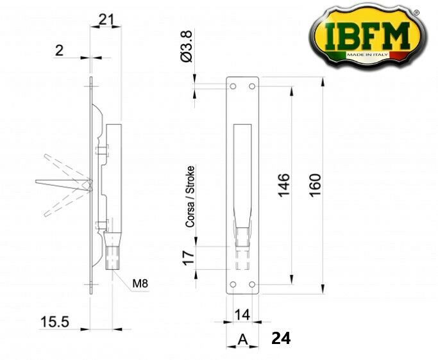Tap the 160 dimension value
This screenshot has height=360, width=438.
point(315,185)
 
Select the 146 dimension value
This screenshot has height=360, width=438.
point(284,185)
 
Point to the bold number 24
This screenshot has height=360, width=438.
point(281,338)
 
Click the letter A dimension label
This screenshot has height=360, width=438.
point(243,340)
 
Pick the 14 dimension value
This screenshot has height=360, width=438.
point(242,315)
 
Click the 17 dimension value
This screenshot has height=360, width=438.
point(189,258)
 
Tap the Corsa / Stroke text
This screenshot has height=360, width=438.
point(190,197)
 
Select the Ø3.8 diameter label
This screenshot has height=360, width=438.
point(187,46)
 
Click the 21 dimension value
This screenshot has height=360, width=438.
point(106,19)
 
